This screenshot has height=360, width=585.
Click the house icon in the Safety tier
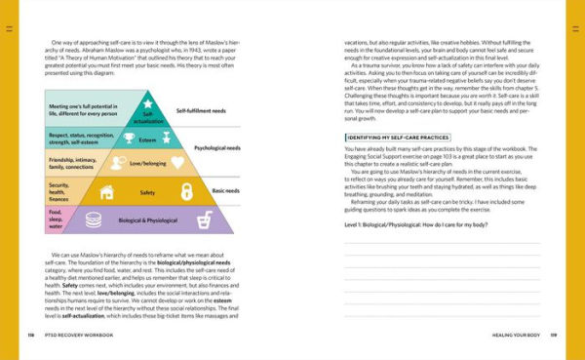[105, 192]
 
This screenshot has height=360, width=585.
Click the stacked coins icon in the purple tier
[95, 220]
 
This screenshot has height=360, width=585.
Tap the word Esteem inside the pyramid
[150, 140]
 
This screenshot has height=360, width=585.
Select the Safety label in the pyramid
[147, 192]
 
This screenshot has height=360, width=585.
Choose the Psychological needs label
[216, 148]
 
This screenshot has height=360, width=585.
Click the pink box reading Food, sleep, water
[58, 220]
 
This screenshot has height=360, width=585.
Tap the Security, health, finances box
[64, 192]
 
